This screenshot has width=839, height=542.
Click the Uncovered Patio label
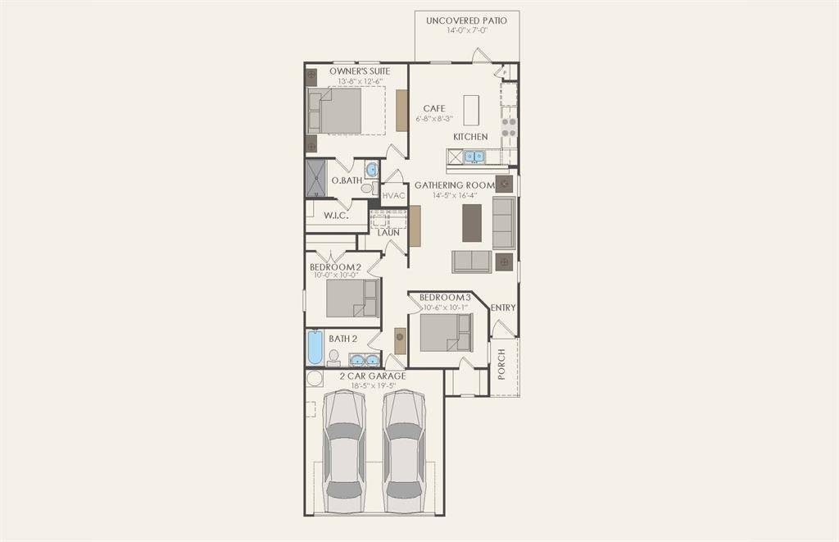[x=466, y=20]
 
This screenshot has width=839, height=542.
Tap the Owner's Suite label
[x=360, y=71]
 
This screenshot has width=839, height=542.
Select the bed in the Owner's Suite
[x=339, y=111]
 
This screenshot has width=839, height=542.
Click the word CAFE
[x=434, y=108]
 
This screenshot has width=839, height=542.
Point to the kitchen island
[x=471, y=110]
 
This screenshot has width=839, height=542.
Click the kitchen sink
[x=474, y=157]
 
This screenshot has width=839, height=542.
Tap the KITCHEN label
[x=470, y=136]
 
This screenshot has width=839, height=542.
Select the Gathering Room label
[x=454, y=185]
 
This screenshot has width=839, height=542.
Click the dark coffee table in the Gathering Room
[x=472, y=222]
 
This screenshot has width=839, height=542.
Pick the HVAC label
[x=394, y=196]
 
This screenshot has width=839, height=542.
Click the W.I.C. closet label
[x=336, y=216]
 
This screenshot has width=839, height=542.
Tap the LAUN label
[x=388, y=233]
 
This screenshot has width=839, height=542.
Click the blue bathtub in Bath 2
[x=315, y=346]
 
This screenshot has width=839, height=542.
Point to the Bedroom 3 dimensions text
[x=445, y=307]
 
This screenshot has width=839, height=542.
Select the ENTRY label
[x=503, y=307]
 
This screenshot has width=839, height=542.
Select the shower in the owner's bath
[x=315, y=178]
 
